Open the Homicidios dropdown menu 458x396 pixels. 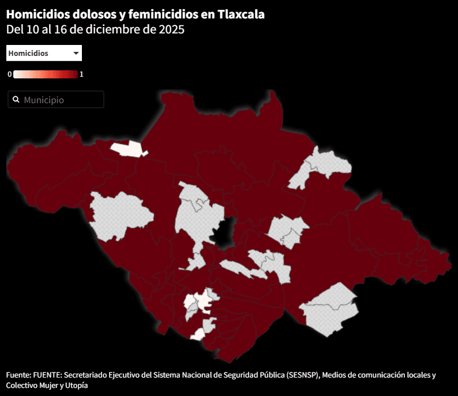[44, 53]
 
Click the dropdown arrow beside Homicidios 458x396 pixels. [76, 53]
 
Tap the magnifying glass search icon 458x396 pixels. [16, 100]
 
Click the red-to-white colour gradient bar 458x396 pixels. [46, 74]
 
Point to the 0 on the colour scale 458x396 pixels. [10, 74]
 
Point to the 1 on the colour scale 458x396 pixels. [82, 74]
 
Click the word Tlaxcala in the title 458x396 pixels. [241, 14]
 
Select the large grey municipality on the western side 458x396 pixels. [120, 215]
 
